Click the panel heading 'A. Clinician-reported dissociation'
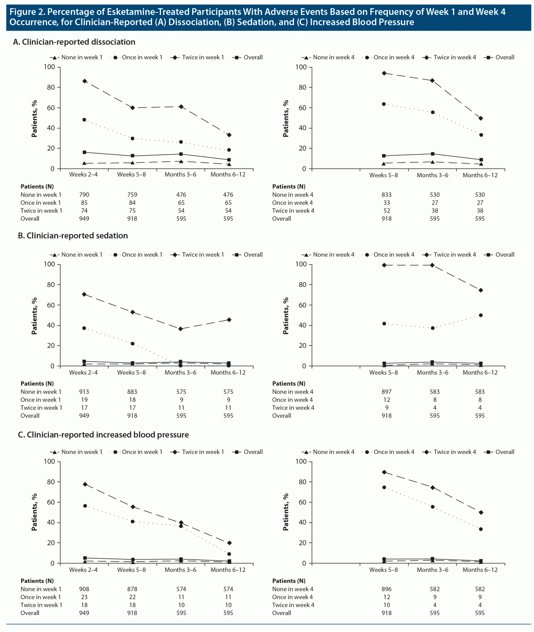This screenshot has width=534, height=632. pyautogui.click(x=74, y=42)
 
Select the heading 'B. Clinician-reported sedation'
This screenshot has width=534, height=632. pyautogui.click(x=73, y=236)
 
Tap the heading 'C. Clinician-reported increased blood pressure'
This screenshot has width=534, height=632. pyautogui.click(x=103, y=435)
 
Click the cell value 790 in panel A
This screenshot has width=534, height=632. pyautogui.click(x=84, y=195)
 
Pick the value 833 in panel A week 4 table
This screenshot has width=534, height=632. pyautogui.click(x=386, y=195)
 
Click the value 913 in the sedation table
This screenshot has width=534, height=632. pyautogui.click(x=84, y=392)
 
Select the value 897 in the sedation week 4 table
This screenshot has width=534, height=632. pyautogui.click(x=386, y=392)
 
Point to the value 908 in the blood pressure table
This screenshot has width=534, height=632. pyautogui.click(x=84, y=589)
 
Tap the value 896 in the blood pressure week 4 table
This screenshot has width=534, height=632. pyautogui.click(x=386, y=589)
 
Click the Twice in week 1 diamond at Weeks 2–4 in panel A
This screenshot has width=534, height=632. pyautogui.click(x=84, y=81)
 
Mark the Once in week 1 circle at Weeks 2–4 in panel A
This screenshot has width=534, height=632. pyautogui.click(x=84, y=120)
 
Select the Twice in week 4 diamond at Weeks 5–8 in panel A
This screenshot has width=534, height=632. pyautogui.click(x=384, y=73)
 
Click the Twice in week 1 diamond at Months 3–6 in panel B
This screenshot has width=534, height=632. pyautogui.click(x=181, y=329)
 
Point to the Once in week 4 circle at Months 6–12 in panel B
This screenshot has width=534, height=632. pyautogui.click(x=481, y=315)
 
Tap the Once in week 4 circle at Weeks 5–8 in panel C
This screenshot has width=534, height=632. pyautogui.click(x=384, y=488)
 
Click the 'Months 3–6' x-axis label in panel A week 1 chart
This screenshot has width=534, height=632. pyautogui.click(x=180, y=175)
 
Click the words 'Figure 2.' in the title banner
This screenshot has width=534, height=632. pyautogui.click(x=27, y=12)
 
